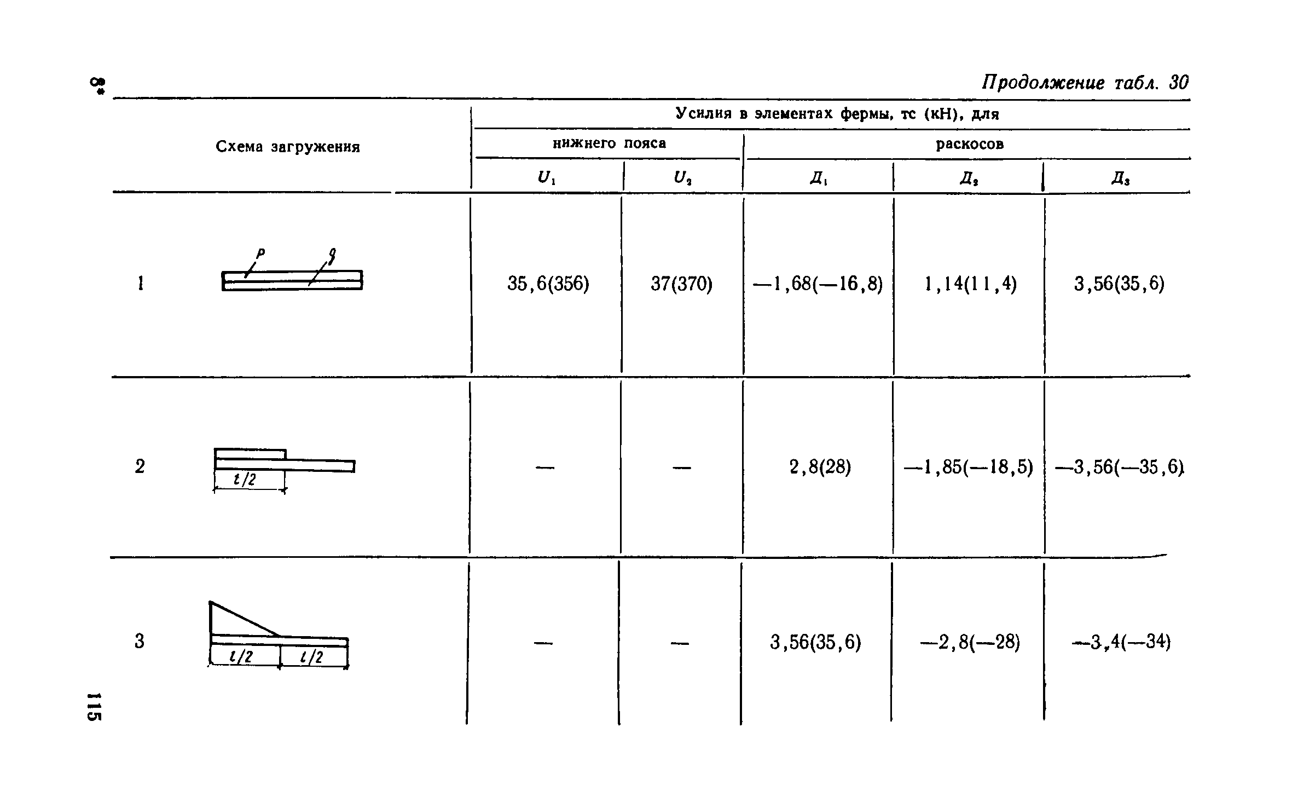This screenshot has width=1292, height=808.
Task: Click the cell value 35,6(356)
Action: [548, 284]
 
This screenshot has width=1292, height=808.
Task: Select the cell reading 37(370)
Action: [681, 284]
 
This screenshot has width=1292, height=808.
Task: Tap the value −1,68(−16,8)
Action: [818, 284]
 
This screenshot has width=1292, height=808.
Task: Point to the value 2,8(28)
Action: [820, 467]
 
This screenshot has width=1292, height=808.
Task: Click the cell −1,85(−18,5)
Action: [968, 467]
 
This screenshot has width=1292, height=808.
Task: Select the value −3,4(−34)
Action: [1121, 642]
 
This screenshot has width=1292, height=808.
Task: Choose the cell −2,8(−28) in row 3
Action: [970, 642]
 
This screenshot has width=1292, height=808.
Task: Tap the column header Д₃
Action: [1120, 178]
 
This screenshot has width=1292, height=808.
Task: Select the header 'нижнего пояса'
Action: [609, 143]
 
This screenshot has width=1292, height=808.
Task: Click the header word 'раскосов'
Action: [970, 144]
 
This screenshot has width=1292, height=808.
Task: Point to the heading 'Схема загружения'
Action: [288, 147]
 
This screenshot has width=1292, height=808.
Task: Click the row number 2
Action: [140, 466]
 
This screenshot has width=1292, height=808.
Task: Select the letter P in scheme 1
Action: [260, 253]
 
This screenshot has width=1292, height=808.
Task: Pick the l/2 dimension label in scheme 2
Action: [245, 480]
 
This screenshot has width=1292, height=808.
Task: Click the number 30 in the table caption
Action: [1178, 83]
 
